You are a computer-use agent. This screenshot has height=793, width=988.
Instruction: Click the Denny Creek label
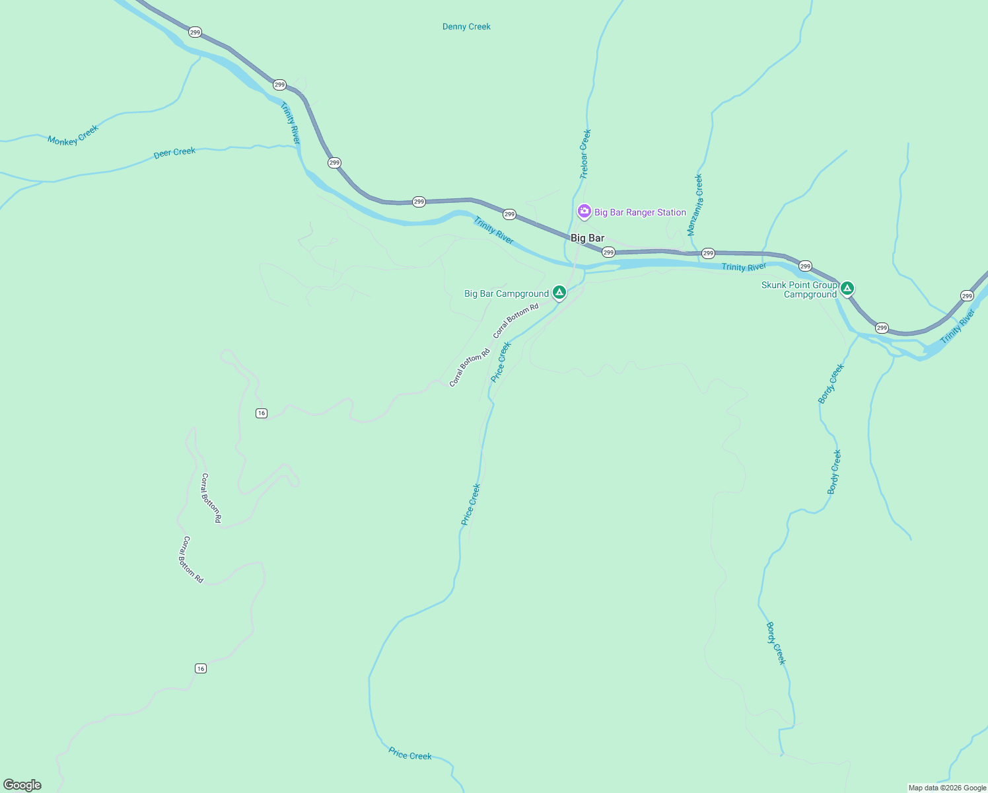pos(466,26)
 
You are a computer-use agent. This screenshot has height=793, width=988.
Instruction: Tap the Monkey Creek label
pos(73,135)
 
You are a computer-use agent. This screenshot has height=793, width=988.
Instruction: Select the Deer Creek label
pos(174,153)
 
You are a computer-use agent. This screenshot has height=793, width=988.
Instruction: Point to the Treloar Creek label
pos(585,154)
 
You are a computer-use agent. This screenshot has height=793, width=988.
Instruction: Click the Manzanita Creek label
pos(695,205)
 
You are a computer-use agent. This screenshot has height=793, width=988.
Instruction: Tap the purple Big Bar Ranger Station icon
pos(584,211)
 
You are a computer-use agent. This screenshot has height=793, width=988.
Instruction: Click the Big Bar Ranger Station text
pos(640,212)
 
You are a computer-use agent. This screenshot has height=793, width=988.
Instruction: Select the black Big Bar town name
pos(587,238)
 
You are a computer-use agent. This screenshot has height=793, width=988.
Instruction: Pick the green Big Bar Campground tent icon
pos(559,292)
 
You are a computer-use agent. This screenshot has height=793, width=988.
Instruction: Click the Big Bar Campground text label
pos(506,293)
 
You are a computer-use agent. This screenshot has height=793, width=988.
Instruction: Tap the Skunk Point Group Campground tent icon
pos(847,288)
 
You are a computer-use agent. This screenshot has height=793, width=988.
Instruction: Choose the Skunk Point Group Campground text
pos(799,289)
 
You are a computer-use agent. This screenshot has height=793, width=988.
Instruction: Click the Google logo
pos(22,785)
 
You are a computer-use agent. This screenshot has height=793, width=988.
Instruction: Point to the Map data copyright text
pos(947,788)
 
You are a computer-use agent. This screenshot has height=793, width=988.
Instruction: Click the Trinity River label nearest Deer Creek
pos(290,123)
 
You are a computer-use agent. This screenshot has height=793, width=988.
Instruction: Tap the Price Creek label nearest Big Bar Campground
pos(501,361)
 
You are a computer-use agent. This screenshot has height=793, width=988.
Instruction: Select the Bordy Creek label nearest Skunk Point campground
pos(831,383)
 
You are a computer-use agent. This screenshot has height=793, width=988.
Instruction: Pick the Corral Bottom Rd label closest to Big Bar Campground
pos(516,320)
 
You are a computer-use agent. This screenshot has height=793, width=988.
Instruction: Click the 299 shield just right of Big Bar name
pos(608,252)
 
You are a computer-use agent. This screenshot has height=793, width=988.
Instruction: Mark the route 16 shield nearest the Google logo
pos(201,669)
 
